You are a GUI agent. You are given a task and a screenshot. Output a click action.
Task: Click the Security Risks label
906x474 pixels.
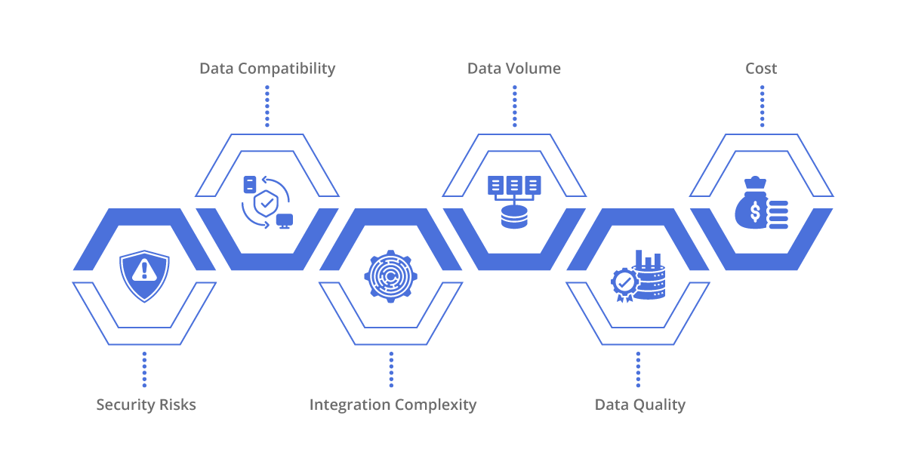tap(146, 405)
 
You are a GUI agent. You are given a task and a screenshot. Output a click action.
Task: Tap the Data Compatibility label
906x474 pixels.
tap(267, 69)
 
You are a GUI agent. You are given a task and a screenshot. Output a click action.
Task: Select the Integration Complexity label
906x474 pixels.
tap(393, 405)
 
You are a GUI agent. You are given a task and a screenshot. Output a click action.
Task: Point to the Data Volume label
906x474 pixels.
tap(514, 69)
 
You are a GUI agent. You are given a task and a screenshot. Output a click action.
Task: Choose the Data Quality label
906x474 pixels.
tap(640, 405)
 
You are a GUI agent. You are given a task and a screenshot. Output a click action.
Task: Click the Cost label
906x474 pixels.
tap(761, 69)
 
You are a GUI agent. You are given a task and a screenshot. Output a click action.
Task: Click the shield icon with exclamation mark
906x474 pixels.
tap(144, 275)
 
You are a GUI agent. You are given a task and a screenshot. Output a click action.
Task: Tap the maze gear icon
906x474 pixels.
tap(391, 276)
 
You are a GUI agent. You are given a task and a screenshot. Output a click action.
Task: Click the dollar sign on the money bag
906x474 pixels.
tap(755, 212)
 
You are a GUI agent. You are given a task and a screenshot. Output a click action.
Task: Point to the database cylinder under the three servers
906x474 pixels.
tap(514, 217)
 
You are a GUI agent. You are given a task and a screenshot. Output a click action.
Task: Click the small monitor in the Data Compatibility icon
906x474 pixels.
tap(285, 221)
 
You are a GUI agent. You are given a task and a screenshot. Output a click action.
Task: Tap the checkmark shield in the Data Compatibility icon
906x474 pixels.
tap(266, 204)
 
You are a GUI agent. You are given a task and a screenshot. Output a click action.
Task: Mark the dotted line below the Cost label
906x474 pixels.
tap(762, 106)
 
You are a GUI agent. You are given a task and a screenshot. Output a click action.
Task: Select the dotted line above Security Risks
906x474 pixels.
tap(144, 369)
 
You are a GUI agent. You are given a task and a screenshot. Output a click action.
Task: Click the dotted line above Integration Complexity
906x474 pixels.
tap(391, 369)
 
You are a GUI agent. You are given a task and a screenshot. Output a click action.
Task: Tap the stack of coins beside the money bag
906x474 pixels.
tap(778, 215)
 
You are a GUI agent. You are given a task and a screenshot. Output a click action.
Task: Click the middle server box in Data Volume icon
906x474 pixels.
tap(514, 185)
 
